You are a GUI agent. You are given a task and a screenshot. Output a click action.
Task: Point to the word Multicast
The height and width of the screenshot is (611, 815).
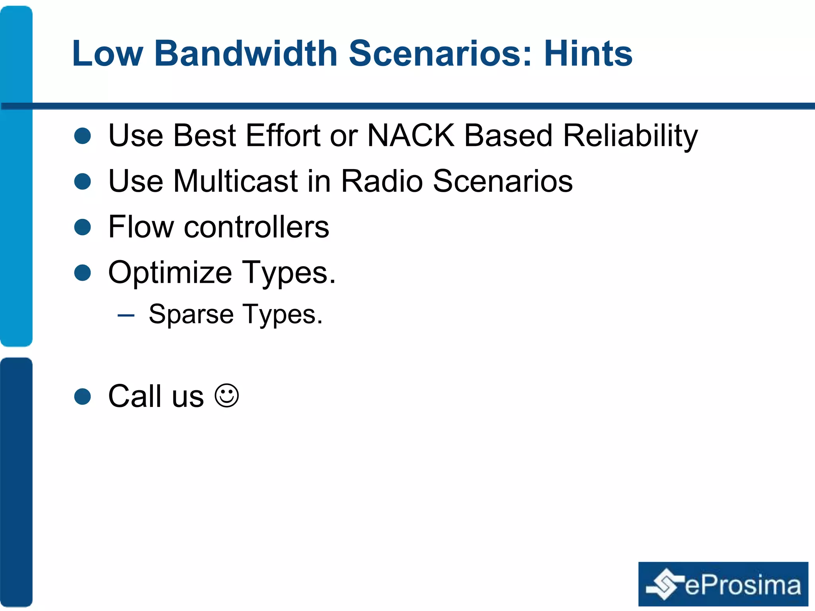point(235,181)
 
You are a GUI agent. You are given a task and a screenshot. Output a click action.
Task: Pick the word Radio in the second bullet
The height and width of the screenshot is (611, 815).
point(382,181)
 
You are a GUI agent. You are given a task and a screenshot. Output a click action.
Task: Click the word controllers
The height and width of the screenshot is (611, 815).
point(256,227)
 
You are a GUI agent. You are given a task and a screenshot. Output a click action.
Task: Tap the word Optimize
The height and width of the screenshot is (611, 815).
point(170,273)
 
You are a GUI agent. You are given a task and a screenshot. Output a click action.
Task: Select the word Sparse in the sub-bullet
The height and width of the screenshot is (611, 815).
point(191,314)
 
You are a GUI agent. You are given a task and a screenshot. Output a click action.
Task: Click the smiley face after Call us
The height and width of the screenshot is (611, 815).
point(227,396)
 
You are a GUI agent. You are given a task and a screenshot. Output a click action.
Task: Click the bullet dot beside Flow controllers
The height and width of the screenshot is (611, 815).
point(83,227)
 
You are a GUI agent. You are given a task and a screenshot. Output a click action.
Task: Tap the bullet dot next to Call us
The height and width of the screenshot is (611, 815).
point(83,397)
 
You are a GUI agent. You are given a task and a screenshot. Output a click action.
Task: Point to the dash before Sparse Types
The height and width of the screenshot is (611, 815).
point(126,315)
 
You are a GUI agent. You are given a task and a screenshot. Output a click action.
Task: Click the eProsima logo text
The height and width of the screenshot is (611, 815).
point(742,586)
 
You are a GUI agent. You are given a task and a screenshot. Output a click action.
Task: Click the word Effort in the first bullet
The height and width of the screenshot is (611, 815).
point(283,136)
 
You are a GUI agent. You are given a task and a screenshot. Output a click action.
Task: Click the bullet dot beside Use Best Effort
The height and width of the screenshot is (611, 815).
point(83,136)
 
